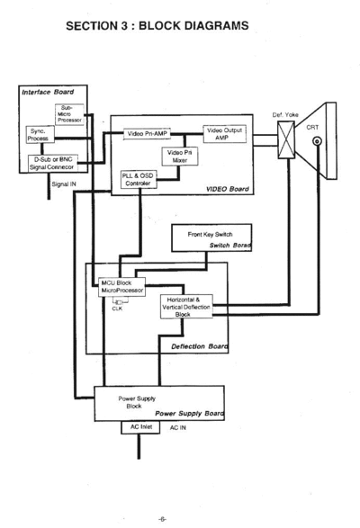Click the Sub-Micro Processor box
pyautogui.click(x=69, y=114)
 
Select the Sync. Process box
pyautogui.click(x=40, y=135)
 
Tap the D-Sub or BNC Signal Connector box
pyautogui.click(x=52, y=164)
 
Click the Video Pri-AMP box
pyautogui.click(x=147, y=134)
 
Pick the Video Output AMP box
pyautogui.click(x=224, y=134)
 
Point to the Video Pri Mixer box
pyautogui.click(x=180, y=157)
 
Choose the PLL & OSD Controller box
pyautogui.click(x=139, y=180)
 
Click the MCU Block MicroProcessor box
pyautogui.click(x=122, y=287)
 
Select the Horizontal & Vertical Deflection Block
pyautogui.click(x=186, y=307)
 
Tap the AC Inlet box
pyautogui.click(x=140, y=427)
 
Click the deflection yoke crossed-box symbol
pyautogui.click(x=286, y=139)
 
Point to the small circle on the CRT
pyautogui.click(x=317, y=141)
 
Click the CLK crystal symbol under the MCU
pyautogui.click(x=118, y=302)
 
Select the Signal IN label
pyautogui.click(x=64, y=184)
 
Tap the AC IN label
pyautogui.click(x=177, y=427)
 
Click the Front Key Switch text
pyautogui.click(x=210, y=235)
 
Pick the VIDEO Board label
pyautogui.click(x=228, y=189)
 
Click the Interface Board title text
pyautogui.click(x=48, y=92)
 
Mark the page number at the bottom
pyautogui.click(x=162, y=519)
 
